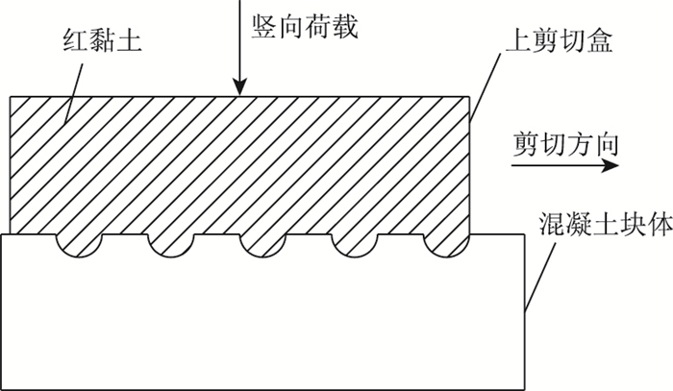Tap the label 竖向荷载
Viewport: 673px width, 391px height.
click(303, 27)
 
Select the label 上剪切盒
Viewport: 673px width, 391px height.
click(557, 41)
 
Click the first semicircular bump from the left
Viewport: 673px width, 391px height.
click(81, 246)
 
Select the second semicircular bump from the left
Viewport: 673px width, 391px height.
click(172, 246)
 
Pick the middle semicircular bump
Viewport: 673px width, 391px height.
click(262, 246)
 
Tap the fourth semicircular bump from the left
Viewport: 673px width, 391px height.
click(354, 246)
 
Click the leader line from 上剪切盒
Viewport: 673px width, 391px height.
click(486, 86)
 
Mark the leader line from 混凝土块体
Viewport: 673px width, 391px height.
click(542, 278)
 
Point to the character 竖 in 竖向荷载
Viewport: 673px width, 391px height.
click(263, 27)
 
